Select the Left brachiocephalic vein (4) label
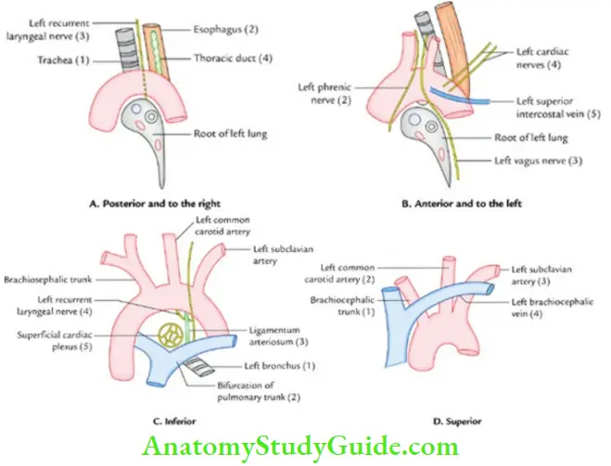548,308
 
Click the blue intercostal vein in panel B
464,98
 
